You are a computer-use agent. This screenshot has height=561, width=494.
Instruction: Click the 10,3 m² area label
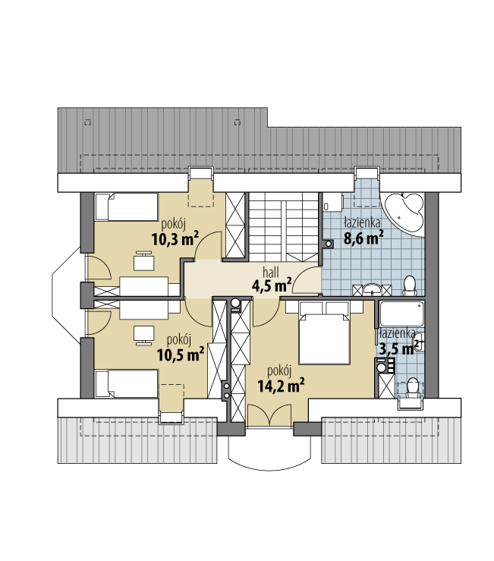coord(175,238)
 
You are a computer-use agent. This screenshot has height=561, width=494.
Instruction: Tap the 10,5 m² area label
coord(181,355)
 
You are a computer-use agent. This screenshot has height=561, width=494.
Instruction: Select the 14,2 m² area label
coord(281,386)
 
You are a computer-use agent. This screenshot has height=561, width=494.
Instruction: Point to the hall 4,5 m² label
coord(271,280)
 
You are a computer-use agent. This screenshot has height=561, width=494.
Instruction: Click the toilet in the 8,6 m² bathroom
coord(409,286)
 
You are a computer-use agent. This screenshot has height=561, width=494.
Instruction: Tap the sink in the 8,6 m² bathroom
coord(372,288)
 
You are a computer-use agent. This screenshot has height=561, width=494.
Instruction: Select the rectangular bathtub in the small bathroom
coord(401,314)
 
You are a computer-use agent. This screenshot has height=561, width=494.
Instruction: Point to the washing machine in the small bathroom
coord(385,366)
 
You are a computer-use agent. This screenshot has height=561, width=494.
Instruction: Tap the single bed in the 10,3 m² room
coord(127,206)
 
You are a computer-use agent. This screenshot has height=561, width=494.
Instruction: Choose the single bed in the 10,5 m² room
coord(127,383)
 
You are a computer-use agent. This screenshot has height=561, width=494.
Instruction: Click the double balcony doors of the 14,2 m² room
coord(269,415)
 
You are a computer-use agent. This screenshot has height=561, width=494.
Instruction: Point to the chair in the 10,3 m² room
coord(144,260)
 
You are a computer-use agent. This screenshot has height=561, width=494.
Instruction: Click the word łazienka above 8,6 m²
coord(362,223)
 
